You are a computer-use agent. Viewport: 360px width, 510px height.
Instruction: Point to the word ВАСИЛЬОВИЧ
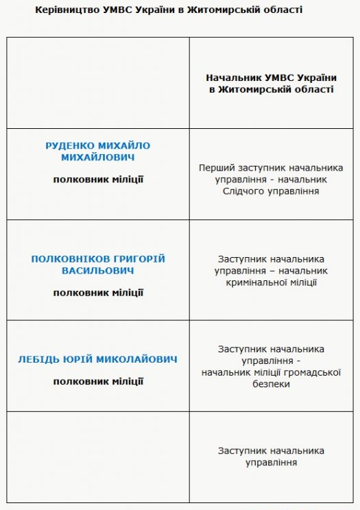(x=98, y=270)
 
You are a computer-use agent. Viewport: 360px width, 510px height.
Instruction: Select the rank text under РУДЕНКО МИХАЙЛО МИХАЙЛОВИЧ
(x=98, y=180)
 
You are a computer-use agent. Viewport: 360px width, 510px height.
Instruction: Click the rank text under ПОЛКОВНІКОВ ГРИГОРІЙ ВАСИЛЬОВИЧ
(x=98, y=293)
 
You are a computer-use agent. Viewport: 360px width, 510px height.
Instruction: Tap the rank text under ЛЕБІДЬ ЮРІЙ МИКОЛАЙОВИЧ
(x=98, y=381)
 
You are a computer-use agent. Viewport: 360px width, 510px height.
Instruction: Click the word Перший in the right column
(x=215, y=167)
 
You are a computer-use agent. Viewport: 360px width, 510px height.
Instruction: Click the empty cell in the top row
(x=98, y=83)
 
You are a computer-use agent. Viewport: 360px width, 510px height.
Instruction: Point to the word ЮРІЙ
(x=82, y=359)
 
